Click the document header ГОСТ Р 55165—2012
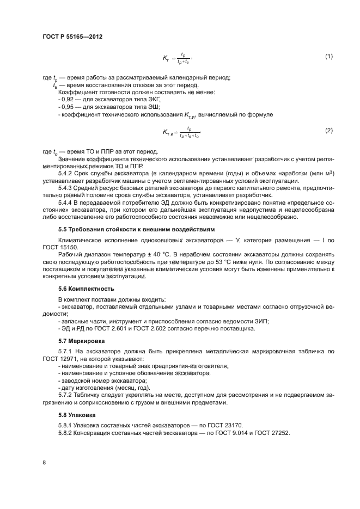(72, 36)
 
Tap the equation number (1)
(328, 57)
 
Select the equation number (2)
(328, 131)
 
